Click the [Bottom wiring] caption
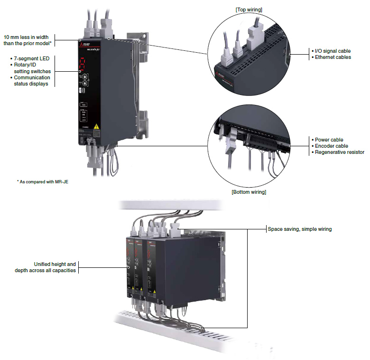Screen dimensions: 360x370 click(249, 192)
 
